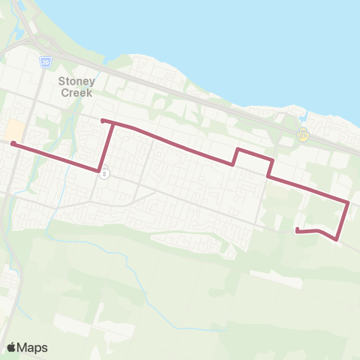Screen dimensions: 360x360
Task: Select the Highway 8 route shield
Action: point(106,171)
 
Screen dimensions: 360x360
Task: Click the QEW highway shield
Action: point(303,136)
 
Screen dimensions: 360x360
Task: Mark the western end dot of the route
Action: point(13,142)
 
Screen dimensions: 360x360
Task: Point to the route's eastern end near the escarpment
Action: point(298,230)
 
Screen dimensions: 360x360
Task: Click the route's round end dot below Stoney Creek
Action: point(102,120)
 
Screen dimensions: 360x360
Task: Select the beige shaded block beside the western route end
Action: point(13,130)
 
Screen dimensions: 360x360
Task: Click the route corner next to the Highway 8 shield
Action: point(99,170)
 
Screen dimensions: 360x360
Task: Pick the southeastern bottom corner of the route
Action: point(336,239)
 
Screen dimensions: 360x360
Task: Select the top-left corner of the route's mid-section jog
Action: point(238,149)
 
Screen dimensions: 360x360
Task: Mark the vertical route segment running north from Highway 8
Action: point(107,146)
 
